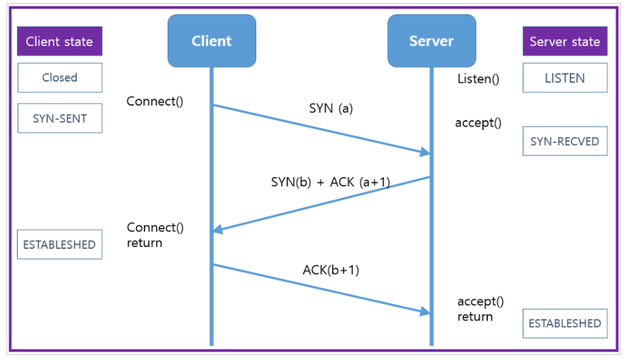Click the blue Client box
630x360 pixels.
tap(212, 41)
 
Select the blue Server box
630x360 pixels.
tap(431, 41)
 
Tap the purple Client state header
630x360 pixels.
tap(59, 41)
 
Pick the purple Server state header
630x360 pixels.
tap(565, 41)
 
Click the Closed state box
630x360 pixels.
tap(60, 78)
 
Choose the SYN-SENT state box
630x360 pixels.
tap(60, 118)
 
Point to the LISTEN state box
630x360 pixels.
tap(565, 78)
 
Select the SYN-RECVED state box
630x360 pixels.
tap(565, 141)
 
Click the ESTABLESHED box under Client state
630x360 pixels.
tap(59, 244)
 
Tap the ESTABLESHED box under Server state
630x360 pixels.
tap(565, 323)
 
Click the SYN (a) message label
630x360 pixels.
tap(331, 108)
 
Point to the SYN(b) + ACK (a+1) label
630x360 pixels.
tap(331, 182)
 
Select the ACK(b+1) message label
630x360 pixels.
tap(331, 270)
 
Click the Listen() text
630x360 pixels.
tap(478, 79)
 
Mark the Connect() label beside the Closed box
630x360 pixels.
tap(155, 101)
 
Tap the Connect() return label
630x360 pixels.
tap(155, 235)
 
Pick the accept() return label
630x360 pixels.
tap(480, 309)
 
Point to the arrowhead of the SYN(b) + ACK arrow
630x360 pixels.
tap(217, 230)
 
